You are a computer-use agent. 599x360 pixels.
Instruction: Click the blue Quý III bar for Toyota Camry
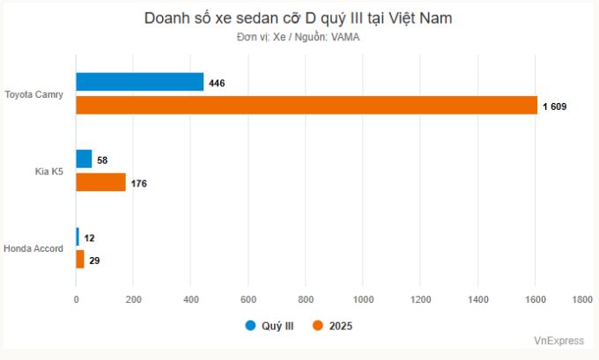(x=140, y=83)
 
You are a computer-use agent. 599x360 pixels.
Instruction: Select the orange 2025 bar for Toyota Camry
(x=307, y=106)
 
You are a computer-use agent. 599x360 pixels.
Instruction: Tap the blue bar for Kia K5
(x=84, y=159)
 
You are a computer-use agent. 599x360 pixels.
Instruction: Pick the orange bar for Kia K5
(x=101, y=183)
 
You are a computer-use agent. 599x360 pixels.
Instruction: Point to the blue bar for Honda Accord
(x=78, y=237)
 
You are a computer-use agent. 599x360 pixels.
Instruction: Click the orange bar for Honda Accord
(x=80, y=260)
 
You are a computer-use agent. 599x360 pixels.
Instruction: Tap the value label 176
(x=138, y=184)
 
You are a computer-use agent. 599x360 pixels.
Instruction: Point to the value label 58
(x=102, y=160)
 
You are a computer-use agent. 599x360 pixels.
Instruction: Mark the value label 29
(x=94, y=261)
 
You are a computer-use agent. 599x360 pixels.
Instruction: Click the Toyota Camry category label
(x=33, y=94)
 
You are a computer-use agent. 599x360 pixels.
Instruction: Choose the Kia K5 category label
(x=49, y=172)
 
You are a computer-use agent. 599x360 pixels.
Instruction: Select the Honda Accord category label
(x=33, y=248)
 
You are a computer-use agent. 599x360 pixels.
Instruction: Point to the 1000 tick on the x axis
(x=362, y=300)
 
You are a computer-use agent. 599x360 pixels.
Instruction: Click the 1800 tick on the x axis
(x=581, y=300)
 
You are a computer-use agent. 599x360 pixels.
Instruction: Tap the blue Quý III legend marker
(x=250, y=326)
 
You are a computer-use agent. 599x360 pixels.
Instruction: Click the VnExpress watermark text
(x=558, y=341)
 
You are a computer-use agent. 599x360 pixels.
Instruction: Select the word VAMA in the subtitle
(x=345, y=37)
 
